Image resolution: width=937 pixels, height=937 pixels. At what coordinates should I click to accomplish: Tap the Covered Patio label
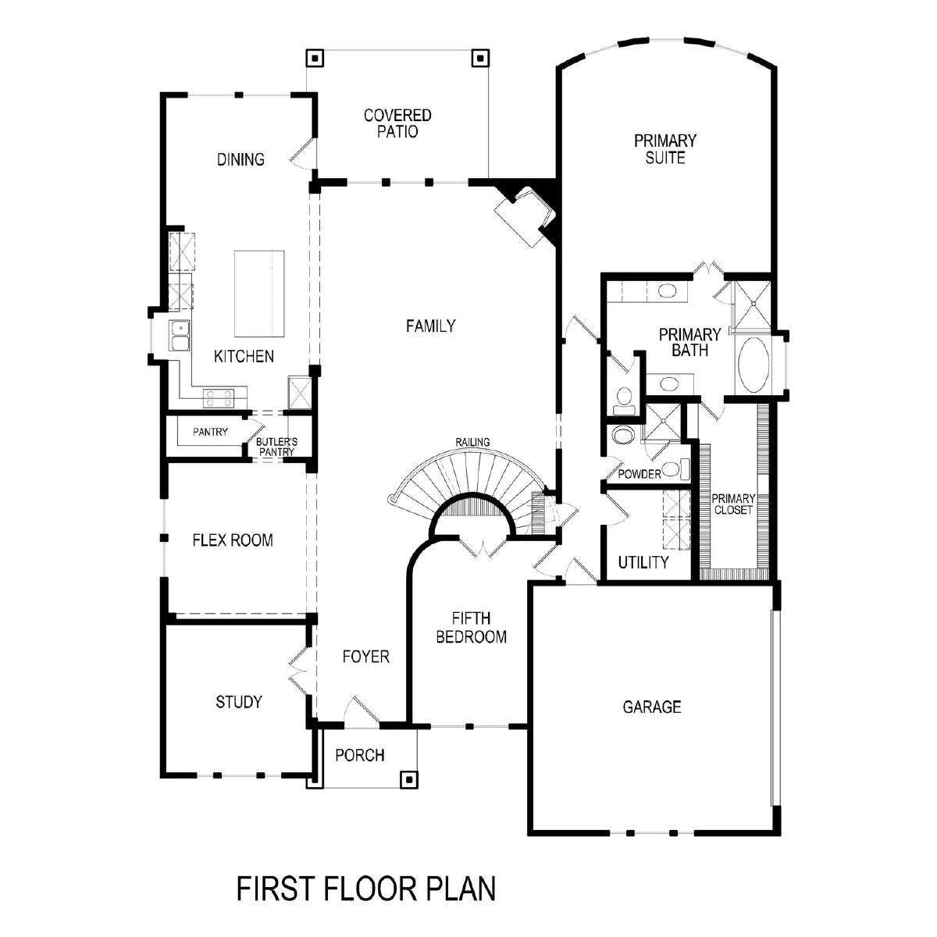[397, 123]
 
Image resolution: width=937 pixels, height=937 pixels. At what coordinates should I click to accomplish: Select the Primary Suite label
[664, 149]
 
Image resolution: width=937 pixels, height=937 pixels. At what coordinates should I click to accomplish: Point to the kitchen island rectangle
[259, 294]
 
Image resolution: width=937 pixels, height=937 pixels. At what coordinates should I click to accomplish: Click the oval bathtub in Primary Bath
[754, 365]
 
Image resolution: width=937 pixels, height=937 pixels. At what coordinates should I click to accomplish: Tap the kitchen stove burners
[219, 398]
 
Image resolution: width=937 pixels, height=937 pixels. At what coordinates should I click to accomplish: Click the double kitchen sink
[180, 335]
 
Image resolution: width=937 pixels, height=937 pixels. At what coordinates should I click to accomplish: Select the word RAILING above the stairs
[472, 442]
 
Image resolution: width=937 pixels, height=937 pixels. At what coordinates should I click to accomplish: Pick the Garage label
[651, 707]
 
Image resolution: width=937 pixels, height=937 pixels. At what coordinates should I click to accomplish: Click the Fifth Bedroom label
[471, 628]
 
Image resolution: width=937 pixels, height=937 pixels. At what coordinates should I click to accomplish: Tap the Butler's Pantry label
[276, 447]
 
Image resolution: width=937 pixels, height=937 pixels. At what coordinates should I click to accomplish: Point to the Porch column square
[408, 779]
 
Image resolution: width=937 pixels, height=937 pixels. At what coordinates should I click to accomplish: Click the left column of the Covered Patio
[315, 59]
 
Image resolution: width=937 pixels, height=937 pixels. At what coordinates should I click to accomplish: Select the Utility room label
[643, 562]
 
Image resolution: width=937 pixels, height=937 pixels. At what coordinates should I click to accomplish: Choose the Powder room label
[639, 474]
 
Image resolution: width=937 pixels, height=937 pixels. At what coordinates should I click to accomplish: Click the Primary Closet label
[732, 504]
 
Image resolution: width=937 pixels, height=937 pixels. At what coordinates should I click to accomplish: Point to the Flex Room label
[233, 540]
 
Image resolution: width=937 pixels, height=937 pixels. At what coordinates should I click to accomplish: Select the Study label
[239, 702]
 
